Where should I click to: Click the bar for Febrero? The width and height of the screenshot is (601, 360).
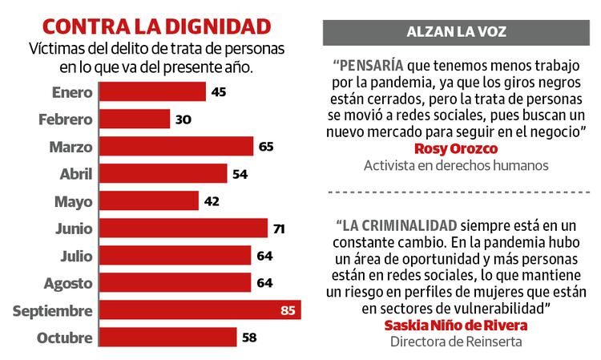tap(134, 119)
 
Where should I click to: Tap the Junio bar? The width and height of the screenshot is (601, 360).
tap(183, 228)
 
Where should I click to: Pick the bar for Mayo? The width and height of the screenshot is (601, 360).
tap(148, 200)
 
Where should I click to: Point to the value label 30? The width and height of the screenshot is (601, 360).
tap(184, 119)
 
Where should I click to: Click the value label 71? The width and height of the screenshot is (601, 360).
tap(279, 229)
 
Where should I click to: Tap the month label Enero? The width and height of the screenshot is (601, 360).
tap(72, 91)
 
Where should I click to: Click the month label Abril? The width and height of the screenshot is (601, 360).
tap(76, 173)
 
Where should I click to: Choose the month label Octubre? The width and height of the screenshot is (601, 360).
tap(65, 338)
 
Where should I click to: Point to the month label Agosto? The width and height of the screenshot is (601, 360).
tap(70, 282)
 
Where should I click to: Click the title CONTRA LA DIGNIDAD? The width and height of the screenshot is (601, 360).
tap(155, 25)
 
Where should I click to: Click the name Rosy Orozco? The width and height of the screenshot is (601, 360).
tap(455, 149)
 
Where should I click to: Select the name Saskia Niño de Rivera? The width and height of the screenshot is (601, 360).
tap(455, 326)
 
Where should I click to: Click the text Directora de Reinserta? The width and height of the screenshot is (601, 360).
tap(455, 342)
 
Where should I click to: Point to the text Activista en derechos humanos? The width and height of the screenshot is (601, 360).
tap(455, 166)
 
